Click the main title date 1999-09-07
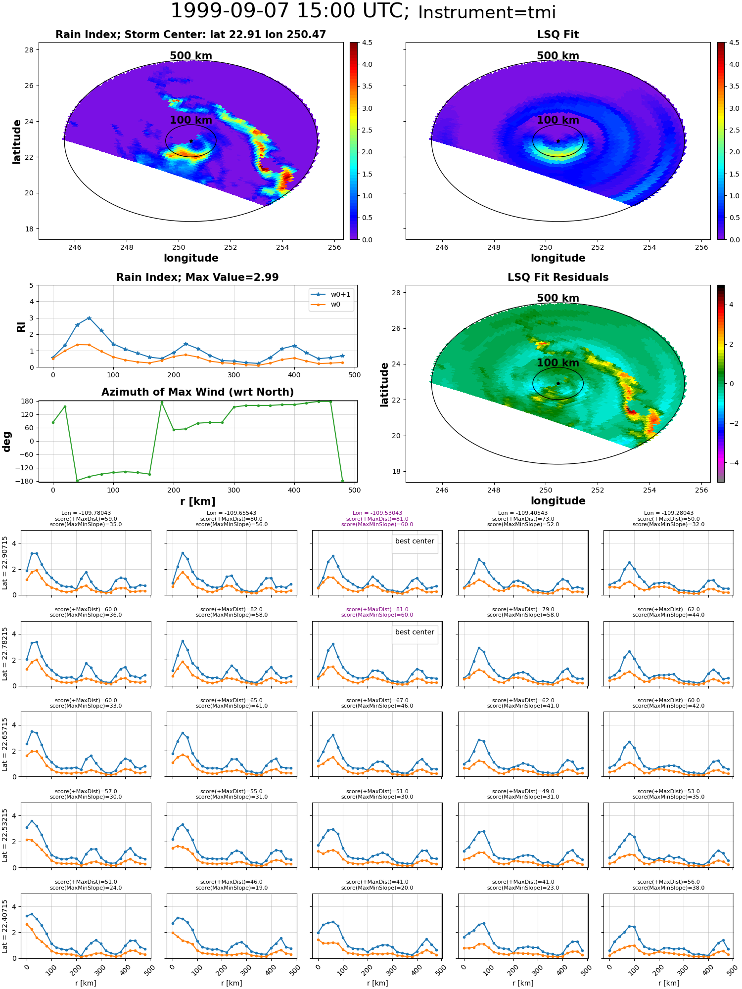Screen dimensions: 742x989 [x=240, y=11]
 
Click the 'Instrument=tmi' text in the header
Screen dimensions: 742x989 [x=487, y=12]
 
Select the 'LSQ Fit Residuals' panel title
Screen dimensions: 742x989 [x=558, y=277]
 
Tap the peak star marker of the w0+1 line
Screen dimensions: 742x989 [x=89, y=318]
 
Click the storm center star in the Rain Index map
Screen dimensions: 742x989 [x=191, y=141]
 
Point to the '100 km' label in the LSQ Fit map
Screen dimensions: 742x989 [x=558, y=120]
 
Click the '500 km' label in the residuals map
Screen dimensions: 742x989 [x=558, y=298]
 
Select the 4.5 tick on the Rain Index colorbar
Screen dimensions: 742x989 [x=367, y=43]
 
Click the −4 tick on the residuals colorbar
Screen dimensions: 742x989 [x=732, y=463]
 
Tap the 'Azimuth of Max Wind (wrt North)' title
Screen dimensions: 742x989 [x=197, y=392]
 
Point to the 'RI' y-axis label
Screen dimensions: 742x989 [x=21, y=326]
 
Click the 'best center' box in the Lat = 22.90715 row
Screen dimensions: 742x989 [x=415, y=541]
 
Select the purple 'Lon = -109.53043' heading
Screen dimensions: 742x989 [x=377, y=513]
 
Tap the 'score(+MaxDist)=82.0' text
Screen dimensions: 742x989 [x=232, y=610]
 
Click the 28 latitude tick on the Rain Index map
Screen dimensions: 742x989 [x=29, y=50]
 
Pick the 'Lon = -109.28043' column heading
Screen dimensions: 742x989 [x=669, y=513]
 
